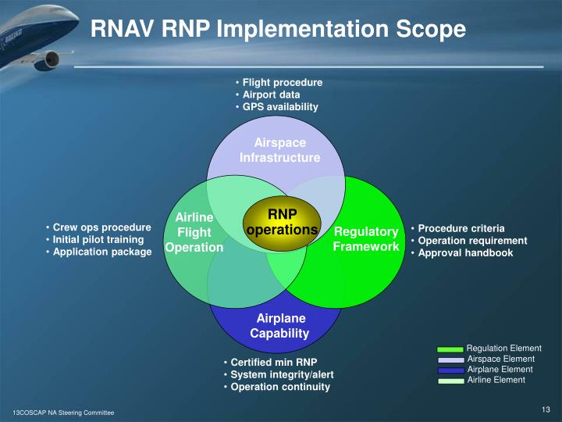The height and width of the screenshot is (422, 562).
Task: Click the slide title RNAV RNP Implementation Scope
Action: pos(278,29)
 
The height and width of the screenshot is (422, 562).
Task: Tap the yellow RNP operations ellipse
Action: pos(282,222)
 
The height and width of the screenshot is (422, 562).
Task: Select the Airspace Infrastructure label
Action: pos(279,150)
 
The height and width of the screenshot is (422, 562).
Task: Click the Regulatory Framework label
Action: pos(366,239)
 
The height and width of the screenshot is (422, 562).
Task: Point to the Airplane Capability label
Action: pos(279,326)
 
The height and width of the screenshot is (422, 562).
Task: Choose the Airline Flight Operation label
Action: pos(194,232)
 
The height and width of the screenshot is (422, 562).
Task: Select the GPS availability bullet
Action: pos(280,107)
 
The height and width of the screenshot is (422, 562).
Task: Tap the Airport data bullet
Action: pos(271,95)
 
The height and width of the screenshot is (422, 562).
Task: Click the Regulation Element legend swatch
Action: pos(450,349)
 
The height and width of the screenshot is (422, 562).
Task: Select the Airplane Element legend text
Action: pos(500,370)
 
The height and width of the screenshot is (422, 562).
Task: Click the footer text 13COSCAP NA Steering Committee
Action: pos(62,412)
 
